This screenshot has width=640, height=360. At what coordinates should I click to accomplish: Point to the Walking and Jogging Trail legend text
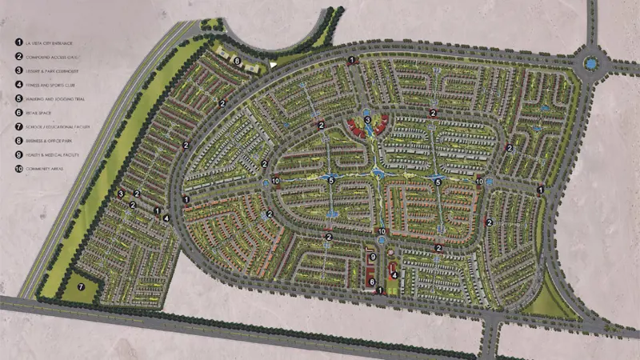[54, 98]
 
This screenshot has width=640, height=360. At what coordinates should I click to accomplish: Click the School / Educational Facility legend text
[57, 126]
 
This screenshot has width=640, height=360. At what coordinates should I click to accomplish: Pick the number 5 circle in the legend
[18, 98]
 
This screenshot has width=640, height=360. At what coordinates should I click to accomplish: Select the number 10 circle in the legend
[18, 169]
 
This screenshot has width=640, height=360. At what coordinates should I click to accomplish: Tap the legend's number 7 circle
[18, 126]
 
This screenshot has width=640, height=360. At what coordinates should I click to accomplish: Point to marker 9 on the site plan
[374, 256]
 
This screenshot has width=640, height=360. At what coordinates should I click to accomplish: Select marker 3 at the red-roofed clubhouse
[367, 120]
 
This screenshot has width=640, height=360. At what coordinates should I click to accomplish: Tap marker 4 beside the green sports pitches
[394, 274]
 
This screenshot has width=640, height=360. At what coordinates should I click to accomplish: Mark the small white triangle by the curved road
[274, 64]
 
